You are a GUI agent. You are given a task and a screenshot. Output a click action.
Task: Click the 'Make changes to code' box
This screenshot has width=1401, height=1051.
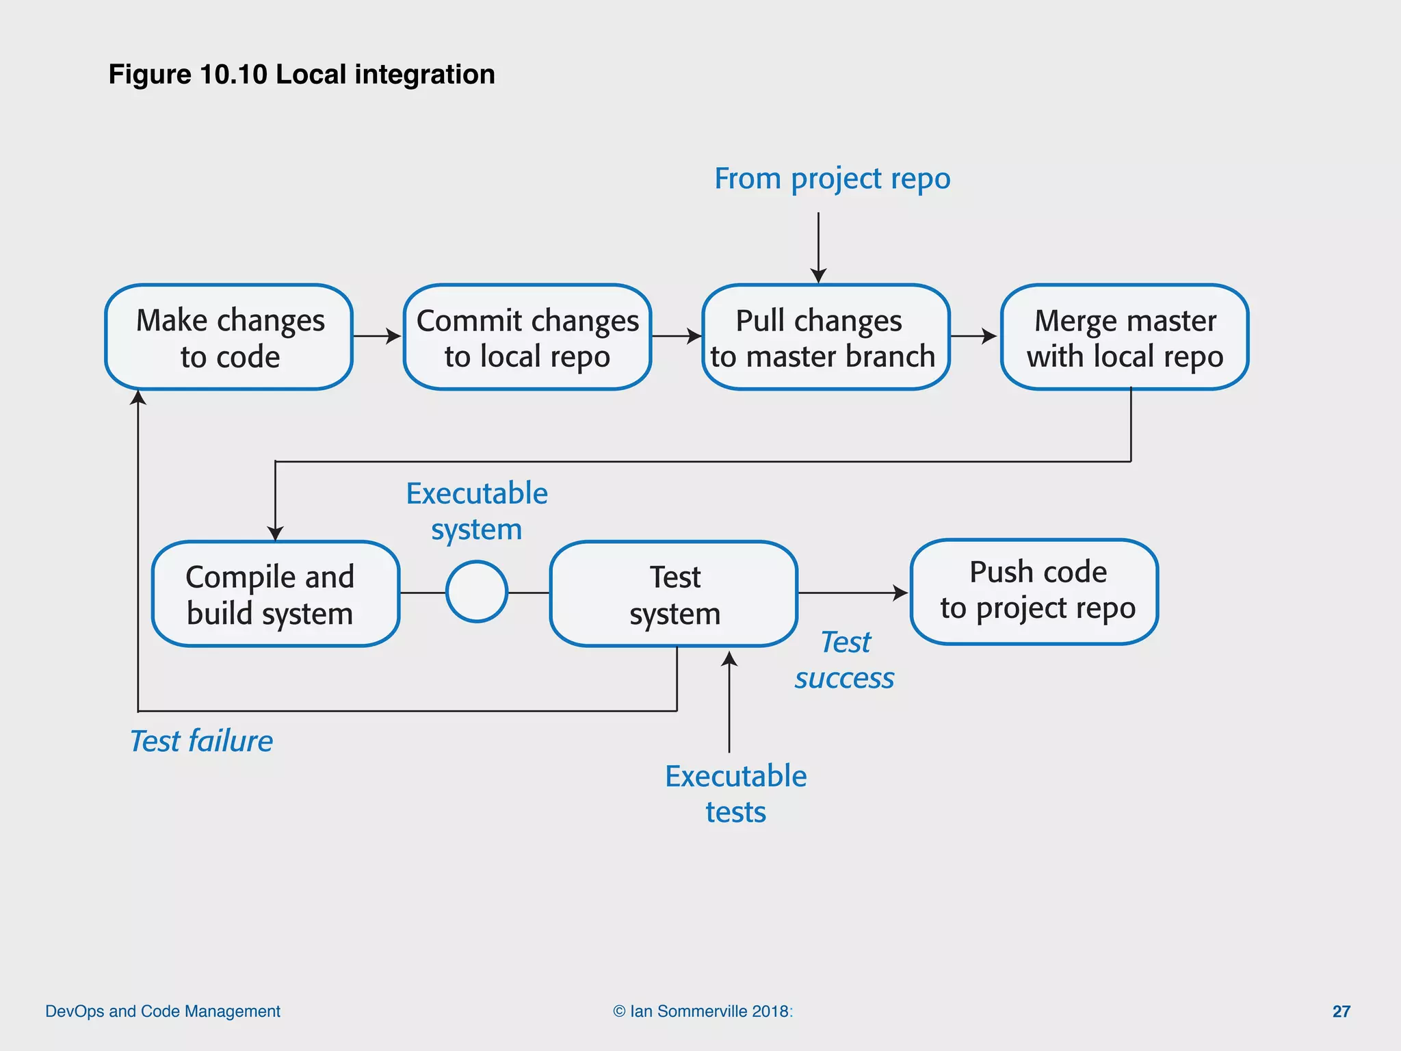click(229, 337)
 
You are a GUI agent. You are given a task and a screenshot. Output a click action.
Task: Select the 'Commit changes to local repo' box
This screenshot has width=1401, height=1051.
click(527, 337)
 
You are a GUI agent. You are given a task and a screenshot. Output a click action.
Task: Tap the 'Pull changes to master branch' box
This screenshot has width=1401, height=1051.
click(825, 337)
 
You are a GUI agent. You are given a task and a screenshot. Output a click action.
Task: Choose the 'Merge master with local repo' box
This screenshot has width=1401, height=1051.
click(1125, 337)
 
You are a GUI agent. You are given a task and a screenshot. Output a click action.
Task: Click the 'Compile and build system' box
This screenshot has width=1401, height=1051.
click(275, 594)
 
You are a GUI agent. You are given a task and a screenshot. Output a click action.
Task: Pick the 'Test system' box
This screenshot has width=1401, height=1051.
click(674, 594)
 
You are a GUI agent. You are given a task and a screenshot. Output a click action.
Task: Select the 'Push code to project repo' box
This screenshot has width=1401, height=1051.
click(1034, 592)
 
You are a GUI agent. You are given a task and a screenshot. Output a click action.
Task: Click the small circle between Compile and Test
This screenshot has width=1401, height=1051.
click(477, 592)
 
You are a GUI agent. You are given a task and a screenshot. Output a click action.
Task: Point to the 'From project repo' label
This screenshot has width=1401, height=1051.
click(833, 179)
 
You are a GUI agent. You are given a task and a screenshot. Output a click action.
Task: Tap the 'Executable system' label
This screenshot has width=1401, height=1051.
click(477, 511)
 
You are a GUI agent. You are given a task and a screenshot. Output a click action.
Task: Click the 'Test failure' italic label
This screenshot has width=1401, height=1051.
click(201, 741)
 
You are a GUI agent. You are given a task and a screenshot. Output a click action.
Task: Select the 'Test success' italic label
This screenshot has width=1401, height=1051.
click(845, 660)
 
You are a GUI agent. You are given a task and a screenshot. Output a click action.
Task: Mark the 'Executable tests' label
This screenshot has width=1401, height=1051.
click(736, 794)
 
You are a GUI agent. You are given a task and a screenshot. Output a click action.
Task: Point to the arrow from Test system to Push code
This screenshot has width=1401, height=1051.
click(852, 593)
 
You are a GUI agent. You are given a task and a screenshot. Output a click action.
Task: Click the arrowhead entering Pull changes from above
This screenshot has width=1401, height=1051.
click(818, 276)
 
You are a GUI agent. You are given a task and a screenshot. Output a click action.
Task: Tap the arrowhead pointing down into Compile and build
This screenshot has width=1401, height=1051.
click(275, 533)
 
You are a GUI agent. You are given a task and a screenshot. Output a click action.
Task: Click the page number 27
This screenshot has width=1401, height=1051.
click(1341, 1011)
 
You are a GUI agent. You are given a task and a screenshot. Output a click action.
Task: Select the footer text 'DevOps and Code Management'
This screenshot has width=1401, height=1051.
click(163, 1011)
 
